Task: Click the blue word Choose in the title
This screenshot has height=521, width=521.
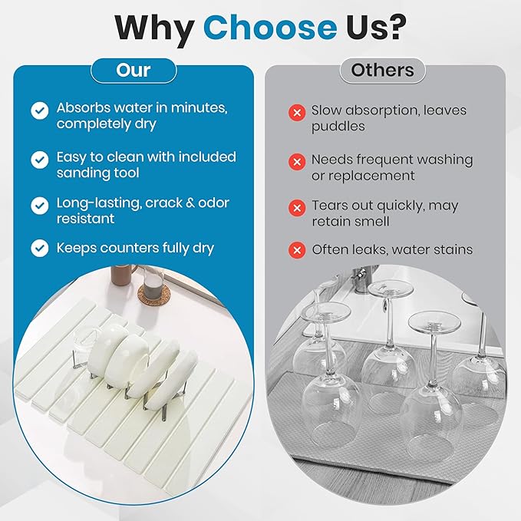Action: point(270,27)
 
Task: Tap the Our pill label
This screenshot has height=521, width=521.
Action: point(134,71)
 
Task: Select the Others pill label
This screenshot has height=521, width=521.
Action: point(382,71)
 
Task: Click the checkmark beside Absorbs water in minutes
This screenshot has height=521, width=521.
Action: point(40,110)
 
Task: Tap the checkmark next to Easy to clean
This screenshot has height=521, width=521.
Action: point(40,160)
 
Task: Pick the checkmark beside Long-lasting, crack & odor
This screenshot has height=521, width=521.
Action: point(40,206)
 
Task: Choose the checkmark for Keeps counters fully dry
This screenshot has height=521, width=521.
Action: point(40,248)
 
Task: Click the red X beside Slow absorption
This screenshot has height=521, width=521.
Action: point(297,113)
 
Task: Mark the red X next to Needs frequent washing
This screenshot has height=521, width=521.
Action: point(297,162)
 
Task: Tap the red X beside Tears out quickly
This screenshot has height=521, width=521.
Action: point(297,208)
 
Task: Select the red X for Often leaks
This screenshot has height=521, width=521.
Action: point(297,250)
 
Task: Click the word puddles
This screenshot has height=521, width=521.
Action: point(338,127)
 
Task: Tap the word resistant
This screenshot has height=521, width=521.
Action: point(85,219)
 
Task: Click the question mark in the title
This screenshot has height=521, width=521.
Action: point(395,27)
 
